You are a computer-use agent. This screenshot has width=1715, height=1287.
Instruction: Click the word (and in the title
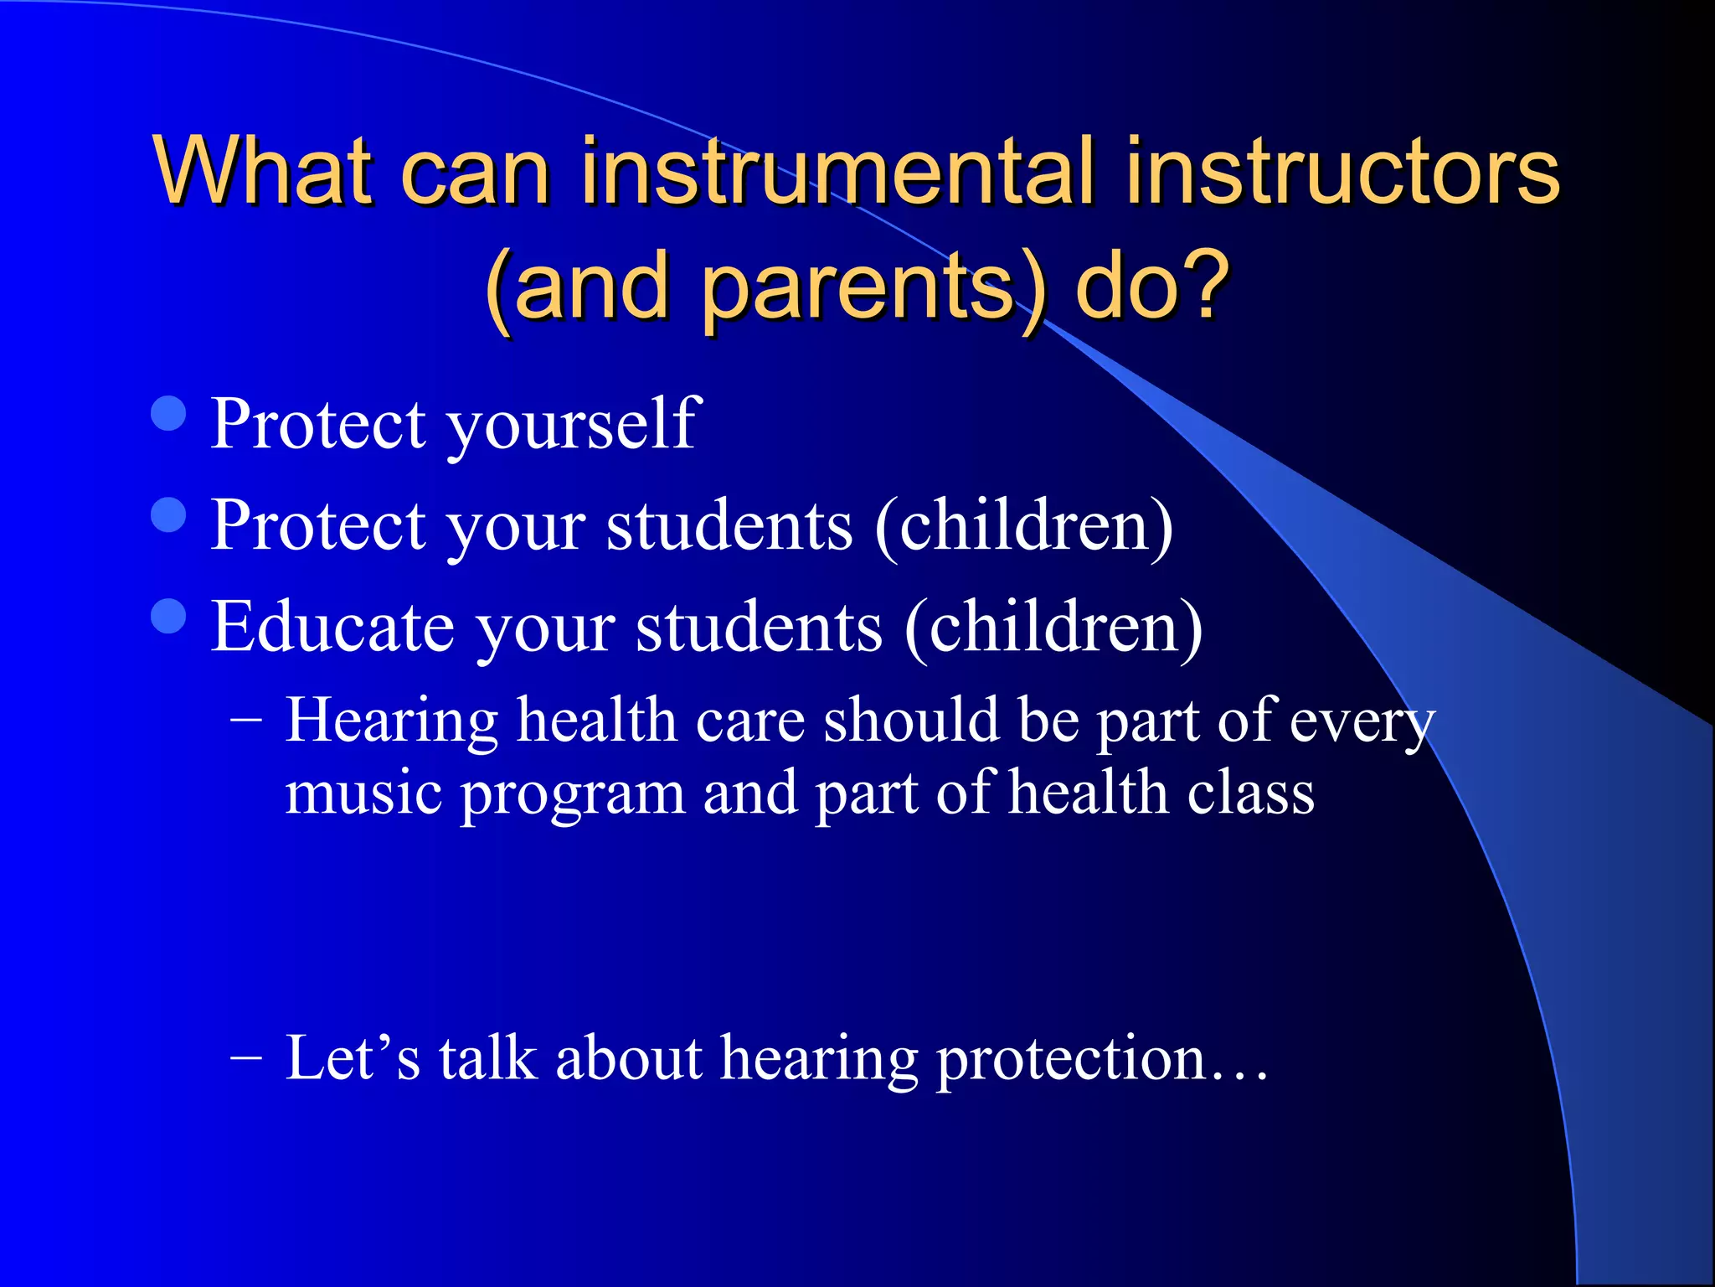(x=578, y=289)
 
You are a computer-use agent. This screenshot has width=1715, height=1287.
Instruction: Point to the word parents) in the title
(x=874, y=289)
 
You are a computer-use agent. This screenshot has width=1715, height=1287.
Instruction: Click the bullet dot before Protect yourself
(x=169, y=413)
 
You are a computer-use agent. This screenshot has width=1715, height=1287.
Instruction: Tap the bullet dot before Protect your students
(x=169, y=514)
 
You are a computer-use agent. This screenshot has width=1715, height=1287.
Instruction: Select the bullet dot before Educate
(x=169, y=616)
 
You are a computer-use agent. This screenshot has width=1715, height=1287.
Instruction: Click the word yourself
(x=574, y=426)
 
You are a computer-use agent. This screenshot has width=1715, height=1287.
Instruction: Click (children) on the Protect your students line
(x=1023, y=526)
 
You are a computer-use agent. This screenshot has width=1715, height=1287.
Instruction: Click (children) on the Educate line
(x=1053, y=628)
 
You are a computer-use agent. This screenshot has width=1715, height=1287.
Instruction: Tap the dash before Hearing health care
(x=245, y=719)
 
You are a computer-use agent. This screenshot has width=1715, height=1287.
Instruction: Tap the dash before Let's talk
(x=245, y=1057)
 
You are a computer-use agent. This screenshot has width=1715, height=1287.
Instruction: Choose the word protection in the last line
(x=1072, y=1060)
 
